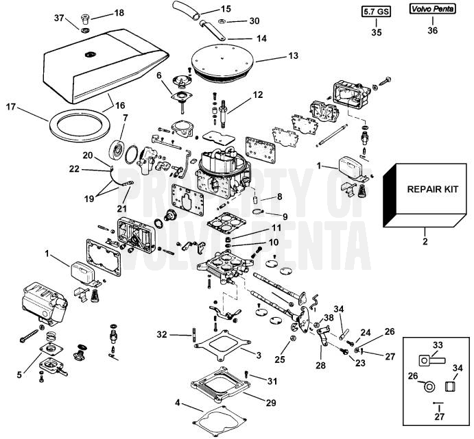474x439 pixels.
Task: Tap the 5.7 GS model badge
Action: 375,12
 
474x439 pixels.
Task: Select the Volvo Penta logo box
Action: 432,10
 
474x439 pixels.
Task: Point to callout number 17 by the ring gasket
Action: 10,107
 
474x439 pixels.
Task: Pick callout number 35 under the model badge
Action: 375,32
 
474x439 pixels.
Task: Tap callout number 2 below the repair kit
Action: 425,242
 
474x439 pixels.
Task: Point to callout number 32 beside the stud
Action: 161,335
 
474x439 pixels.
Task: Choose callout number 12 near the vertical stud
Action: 257,94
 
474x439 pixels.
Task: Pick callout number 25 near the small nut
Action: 280,358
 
